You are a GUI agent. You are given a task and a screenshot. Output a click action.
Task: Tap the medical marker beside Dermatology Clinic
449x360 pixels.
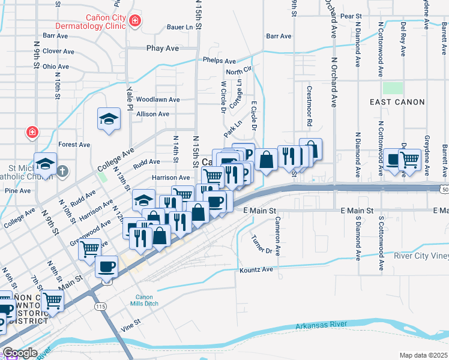[x=136, y=22]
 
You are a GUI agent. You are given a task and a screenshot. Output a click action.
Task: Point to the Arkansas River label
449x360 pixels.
[x=321, y=325]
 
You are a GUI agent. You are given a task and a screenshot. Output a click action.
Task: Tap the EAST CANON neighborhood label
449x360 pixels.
[x=397, y=102]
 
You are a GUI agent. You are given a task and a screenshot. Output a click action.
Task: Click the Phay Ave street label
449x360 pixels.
[x=163, y=48]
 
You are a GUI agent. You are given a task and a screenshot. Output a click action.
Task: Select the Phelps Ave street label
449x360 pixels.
[x=218, y=61]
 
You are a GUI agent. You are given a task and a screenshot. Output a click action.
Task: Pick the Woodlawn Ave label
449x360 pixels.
[x=158, y=100]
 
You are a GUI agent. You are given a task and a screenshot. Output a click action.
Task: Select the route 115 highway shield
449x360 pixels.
[x=101, y=306]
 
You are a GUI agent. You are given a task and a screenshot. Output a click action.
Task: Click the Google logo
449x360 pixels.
[x=19, y=353]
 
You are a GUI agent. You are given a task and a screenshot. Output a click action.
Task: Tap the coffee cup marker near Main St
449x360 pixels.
[x=106, y=266]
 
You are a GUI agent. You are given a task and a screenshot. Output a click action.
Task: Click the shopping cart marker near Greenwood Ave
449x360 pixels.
[x=90, y=247]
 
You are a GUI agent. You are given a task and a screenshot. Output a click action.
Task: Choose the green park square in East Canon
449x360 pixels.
[x=393, y=88]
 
